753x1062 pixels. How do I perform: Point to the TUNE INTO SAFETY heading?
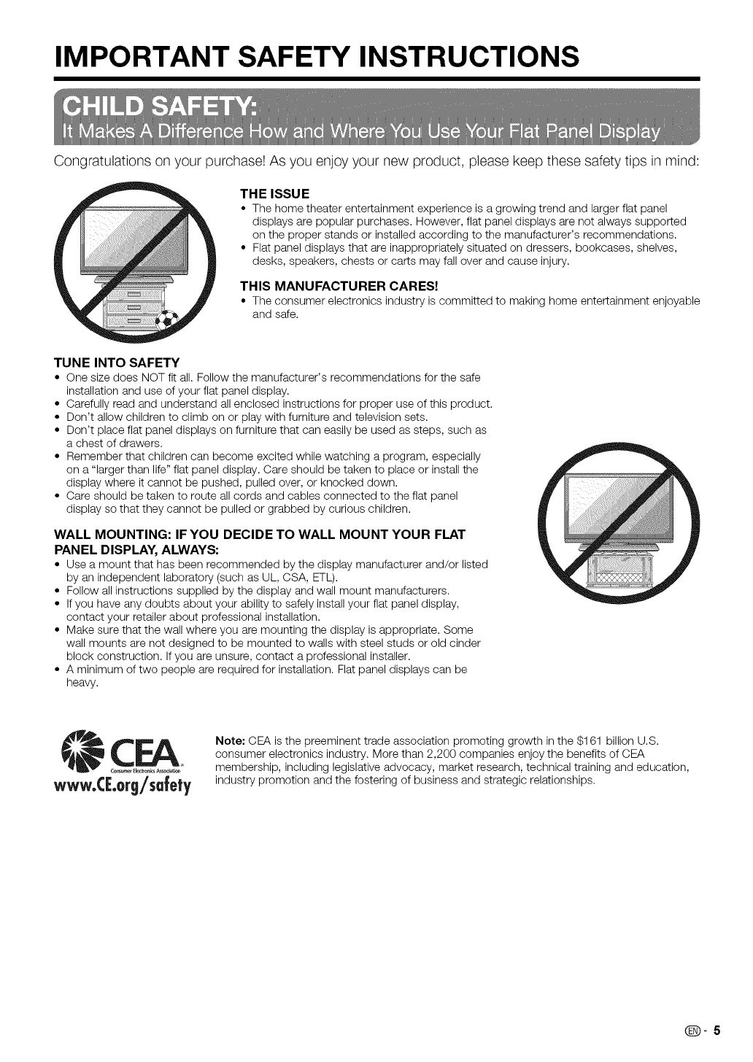click(117, 363)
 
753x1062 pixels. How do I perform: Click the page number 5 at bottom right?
click(717, 1031)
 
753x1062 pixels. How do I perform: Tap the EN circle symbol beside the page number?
click(696, 1031)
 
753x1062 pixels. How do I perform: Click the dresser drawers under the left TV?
click(134, 306)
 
